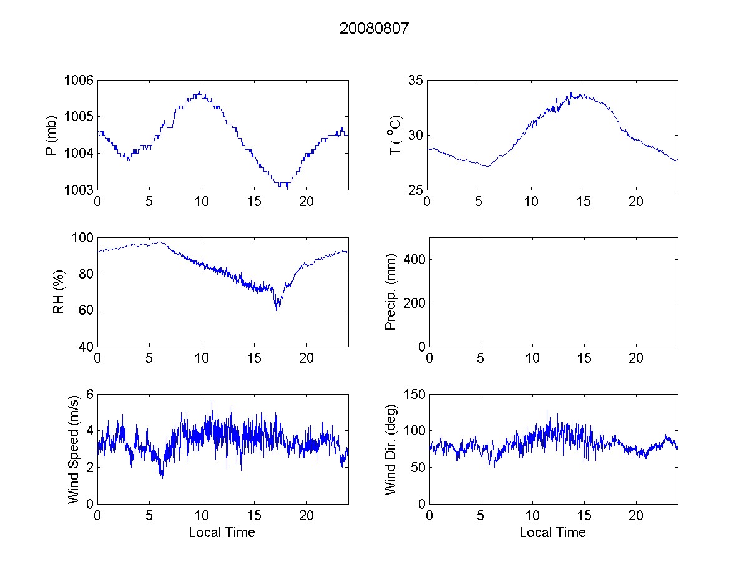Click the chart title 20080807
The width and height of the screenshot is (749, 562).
(x=374, y=29)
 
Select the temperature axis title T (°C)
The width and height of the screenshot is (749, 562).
(x=394, y=135)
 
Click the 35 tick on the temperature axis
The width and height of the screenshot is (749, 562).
(x=416, y=80)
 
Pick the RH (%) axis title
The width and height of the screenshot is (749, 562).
(x=59, y=292)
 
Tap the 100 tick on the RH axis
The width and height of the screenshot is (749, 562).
(x=83, y=237)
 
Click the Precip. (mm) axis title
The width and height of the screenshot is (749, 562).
(x=391, y=292)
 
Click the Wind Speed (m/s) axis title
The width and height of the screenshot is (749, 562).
(x=74, y=448)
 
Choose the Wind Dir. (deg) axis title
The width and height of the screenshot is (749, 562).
(x=391, y=448)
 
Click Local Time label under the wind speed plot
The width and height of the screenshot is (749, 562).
(x=222, y=533)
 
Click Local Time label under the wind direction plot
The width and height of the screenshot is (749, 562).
(x=552, y=533)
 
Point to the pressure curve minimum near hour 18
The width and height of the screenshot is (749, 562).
(x=286, y=186)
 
